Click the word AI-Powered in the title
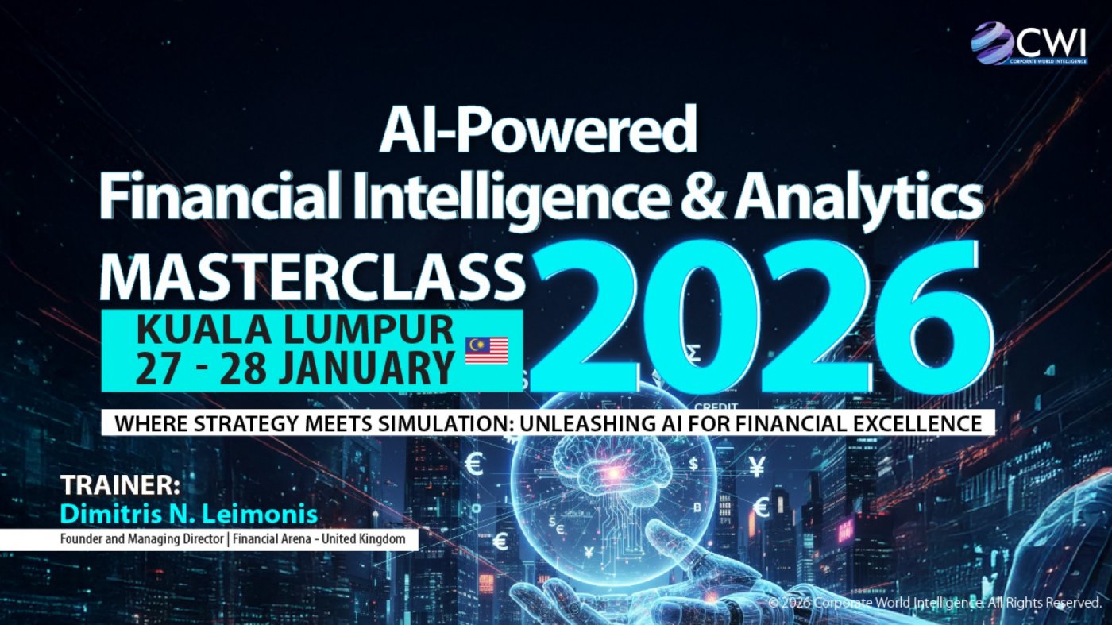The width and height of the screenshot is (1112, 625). [x=539, y=129]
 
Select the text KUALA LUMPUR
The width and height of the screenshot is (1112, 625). [x=295, y=330]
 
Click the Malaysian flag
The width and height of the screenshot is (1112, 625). [x=486, y=350]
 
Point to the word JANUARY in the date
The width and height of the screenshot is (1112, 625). [x=366, y=368]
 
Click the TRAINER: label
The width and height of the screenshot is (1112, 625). [x=120, y=485]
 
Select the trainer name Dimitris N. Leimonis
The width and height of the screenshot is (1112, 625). [x=189, y=515]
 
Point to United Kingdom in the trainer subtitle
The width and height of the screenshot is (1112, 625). [x=364, y=538]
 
